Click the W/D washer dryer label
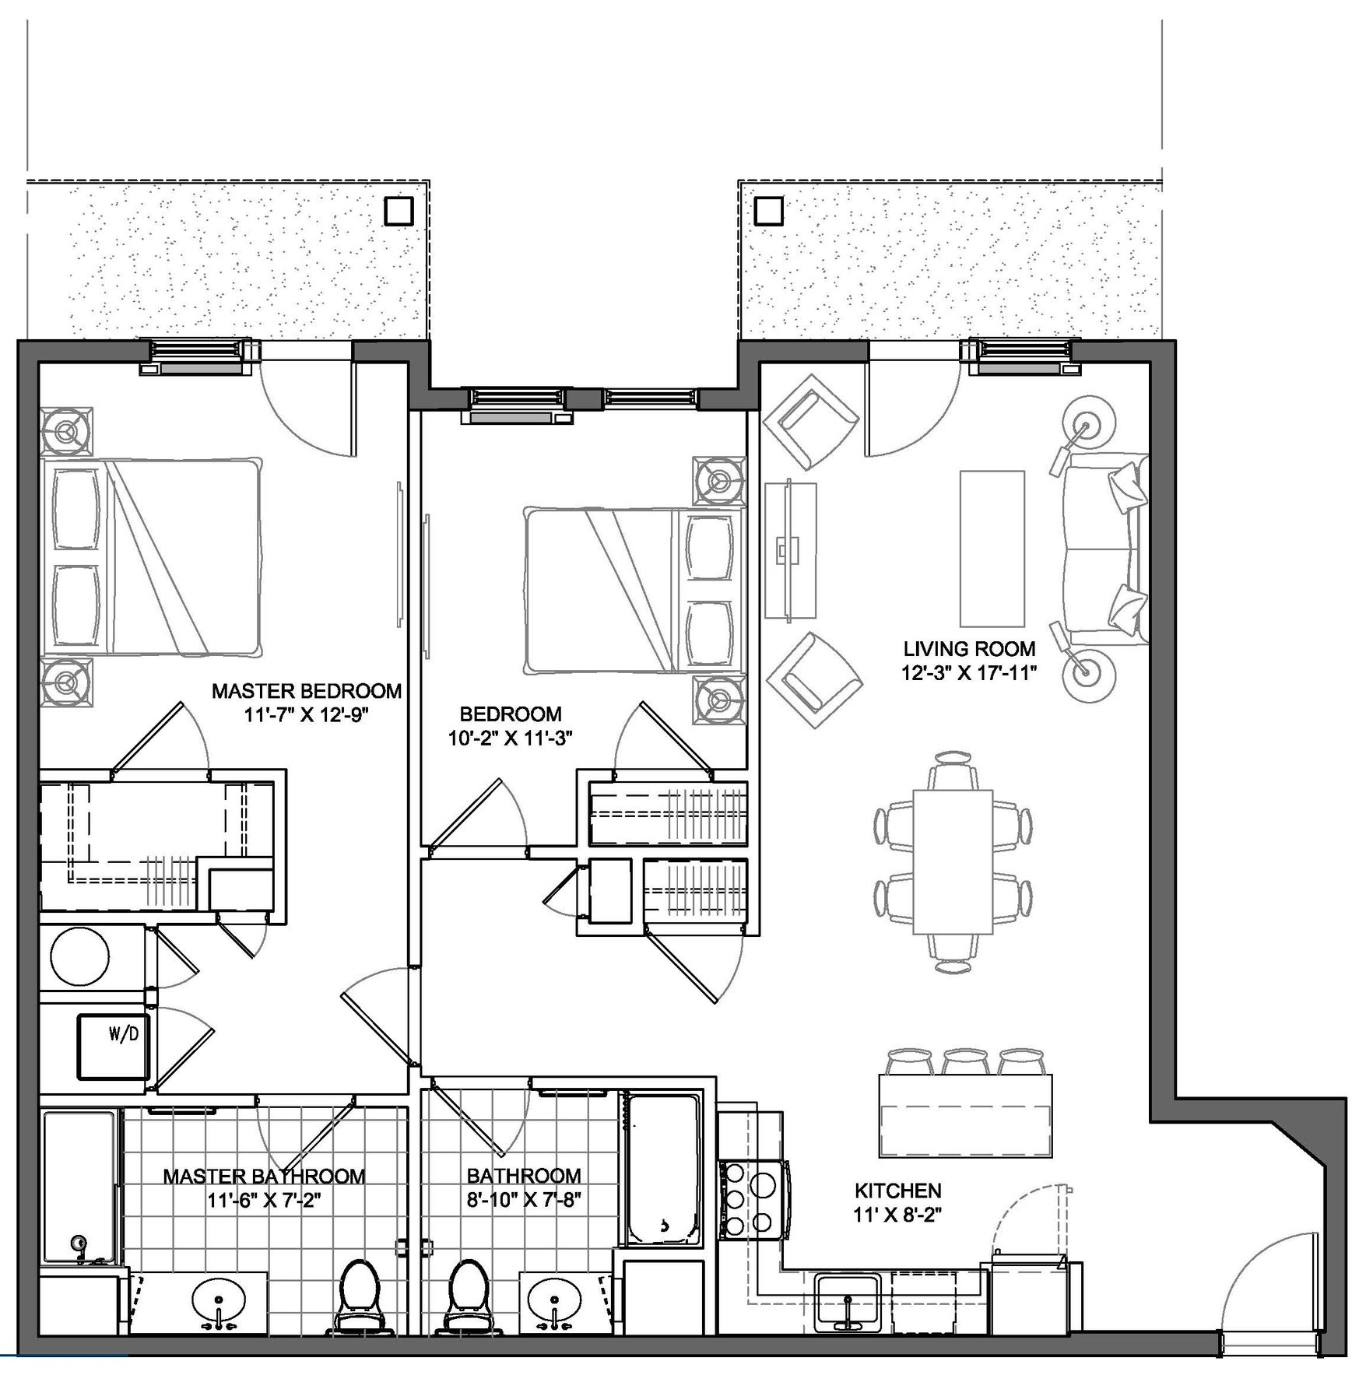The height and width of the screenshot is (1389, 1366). pyautogui.click(x=124, y=1035)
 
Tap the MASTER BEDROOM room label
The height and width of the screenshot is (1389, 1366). pyautogui.click(x=307, y=691)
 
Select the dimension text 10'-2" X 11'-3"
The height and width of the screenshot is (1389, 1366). pyautogui.click(x=510, y=738)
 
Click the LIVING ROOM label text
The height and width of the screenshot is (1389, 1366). pyautogui.click(x=969, y=649)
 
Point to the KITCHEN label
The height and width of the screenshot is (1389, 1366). pyautogui.click(x=897, y=1191)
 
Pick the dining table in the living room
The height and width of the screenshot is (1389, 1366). pyautogui.click(x=953, y=861)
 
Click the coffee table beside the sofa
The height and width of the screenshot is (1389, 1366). pyautogui.click(x=992, y=549)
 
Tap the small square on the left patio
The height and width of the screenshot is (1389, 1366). pyautogui.click(x=399, y=211)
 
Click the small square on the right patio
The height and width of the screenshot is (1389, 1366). pyautogui.click(x=769, y=211)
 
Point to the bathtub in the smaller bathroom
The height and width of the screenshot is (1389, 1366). pyautogui.click(x=663, y=1168)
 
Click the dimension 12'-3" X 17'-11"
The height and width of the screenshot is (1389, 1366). pyautogui.click(x=969, y=673)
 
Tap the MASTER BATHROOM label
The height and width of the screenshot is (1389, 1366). pyautogui.click(x=264, y=1176)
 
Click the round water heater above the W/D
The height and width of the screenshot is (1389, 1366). pyautogui.click(x=79, y=958)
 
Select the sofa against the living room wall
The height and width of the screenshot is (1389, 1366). pyautogui.click(x=1106, y=549)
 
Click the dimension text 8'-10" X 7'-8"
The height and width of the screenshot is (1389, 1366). pyautogui.click(x=524, y=1200)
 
